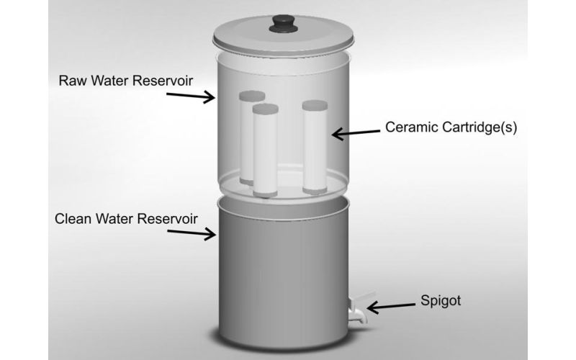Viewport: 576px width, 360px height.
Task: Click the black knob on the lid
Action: click(283, 24)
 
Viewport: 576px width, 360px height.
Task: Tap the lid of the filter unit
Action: click(283, 37)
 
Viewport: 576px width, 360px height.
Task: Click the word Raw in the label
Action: click(73, 81)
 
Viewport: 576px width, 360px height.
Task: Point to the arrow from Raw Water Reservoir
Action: click(190, 96)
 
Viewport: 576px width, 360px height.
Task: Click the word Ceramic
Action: click(411, 127)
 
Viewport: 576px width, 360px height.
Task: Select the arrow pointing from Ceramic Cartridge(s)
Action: click(356, 133)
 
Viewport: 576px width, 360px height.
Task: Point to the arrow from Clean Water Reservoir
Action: click(192, 233)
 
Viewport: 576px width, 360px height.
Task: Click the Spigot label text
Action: click(441, 301)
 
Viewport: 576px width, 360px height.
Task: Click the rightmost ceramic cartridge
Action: click(315, 148)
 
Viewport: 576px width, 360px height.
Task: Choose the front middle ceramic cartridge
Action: click(265, 150)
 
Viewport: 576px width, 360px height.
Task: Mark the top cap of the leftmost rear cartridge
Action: click(252, 96)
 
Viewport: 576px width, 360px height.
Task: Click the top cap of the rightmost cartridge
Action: click(315, 105)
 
